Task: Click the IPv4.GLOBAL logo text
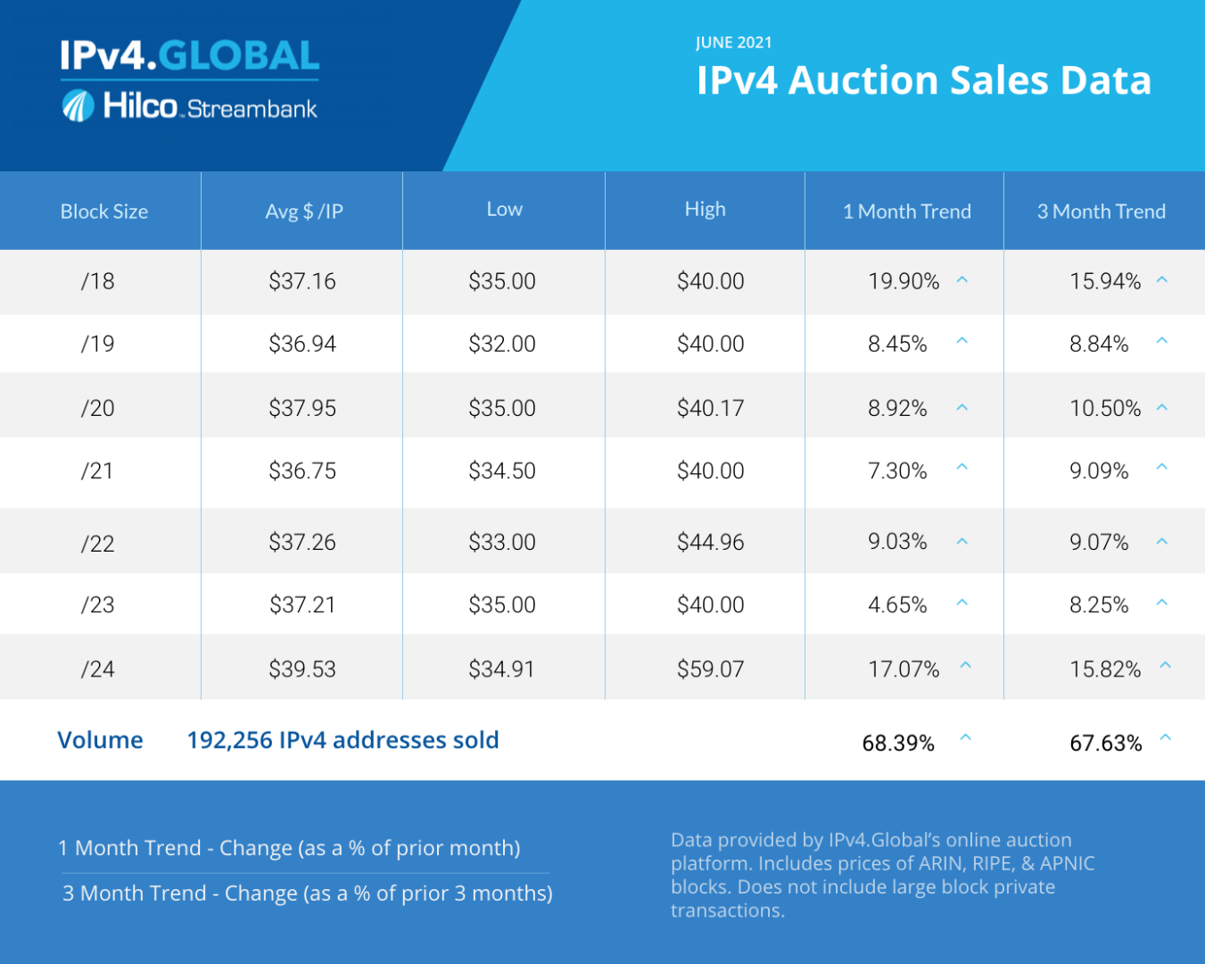tap(189, 55)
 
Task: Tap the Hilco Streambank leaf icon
tap(78, 106)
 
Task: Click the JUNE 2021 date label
tap(733, 43)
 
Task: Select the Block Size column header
tap(103, 212)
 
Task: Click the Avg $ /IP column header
tap(303, 212)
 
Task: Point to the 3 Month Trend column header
tap(1101, 212)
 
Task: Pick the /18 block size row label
tap(97, 281)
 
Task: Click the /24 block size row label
tap(97, 669)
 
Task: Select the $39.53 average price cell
tap(302, 669)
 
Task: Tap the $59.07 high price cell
tap(710, 669)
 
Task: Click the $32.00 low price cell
tap(502, 344)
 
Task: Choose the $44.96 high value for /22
tap(710, 542)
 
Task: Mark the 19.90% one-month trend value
tap(904, 281)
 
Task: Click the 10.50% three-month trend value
tap(1105, 408)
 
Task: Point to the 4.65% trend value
tap(897, 604)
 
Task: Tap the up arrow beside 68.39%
tap(965, 738)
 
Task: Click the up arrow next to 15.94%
tap(1162, 280)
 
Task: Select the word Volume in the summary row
tap(100, 740)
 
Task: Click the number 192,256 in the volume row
tap(229, 740)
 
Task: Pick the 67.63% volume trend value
tap(1105, 743)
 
